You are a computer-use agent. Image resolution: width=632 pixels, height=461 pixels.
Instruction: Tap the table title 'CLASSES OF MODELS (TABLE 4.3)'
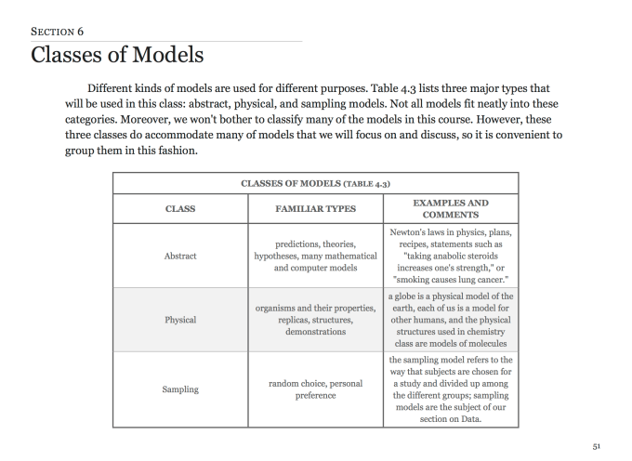tap(315, 183)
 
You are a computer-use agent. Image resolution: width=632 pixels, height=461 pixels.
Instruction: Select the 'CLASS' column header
tap(180, 209)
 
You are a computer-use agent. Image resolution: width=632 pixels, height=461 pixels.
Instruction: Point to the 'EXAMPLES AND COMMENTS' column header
tap(450, 209)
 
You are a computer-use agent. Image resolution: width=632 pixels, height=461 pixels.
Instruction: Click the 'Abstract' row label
tap(180, 256)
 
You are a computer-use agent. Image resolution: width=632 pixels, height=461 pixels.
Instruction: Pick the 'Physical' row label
tap(180, 320)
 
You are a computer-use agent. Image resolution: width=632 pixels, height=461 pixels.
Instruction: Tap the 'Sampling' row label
tap(180, 389)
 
